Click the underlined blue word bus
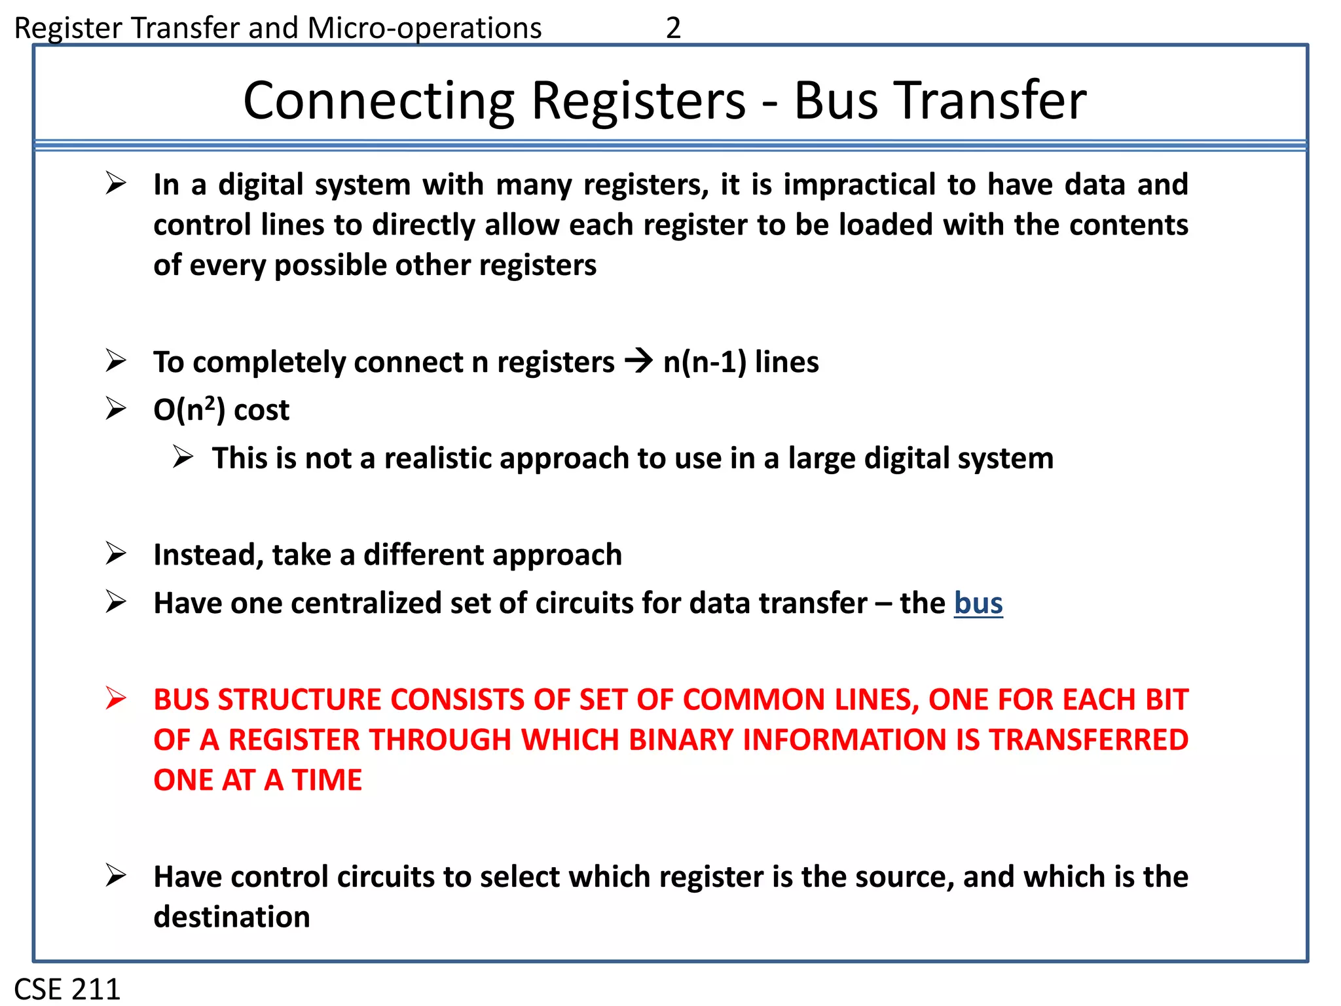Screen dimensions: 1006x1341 tap(978, 603)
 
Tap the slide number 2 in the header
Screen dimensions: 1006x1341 tap(673, 28)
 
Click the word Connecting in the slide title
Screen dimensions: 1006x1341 tap(378, 101)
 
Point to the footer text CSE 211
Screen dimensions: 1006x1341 tap(67, 988)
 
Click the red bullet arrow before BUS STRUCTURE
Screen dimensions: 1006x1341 tap(116, 698)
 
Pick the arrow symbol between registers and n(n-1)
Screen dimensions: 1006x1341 tap(638, 361)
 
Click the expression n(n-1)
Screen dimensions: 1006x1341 tap(705, 362)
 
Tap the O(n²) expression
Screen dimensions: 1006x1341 tap(189, 410)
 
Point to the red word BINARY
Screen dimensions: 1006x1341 tap(681, 740)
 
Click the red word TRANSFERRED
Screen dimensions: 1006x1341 tap(1088, 740)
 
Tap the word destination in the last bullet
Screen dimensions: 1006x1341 tap(232, 917)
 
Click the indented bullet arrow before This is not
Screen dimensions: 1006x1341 tap(183, 456)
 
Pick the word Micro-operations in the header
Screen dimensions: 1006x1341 tap(424, 28)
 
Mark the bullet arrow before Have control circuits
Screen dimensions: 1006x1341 tap(116, 875)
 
